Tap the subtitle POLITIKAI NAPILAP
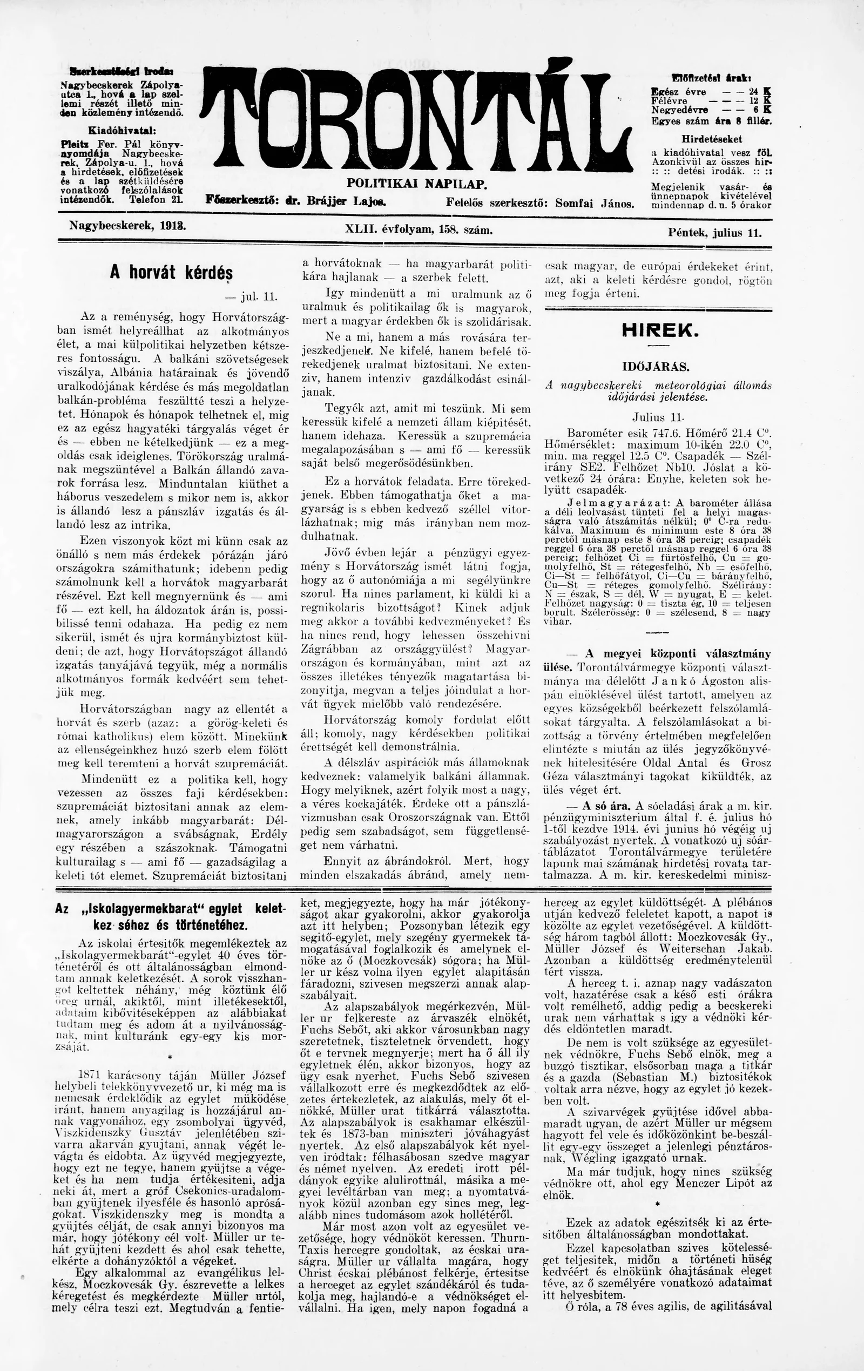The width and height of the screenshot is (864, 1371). tap(418, 184)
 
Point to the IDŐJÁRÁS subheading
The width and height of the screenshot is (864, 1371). tap(658, 366)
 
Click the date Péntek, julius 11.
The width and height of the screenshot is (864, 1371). tap(715, 232)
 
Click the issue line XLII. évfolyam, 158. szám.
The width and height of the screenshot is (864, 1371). tap(418, 229)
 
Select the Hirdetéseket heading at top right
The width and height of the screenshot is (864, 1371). tap(711, 138)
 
